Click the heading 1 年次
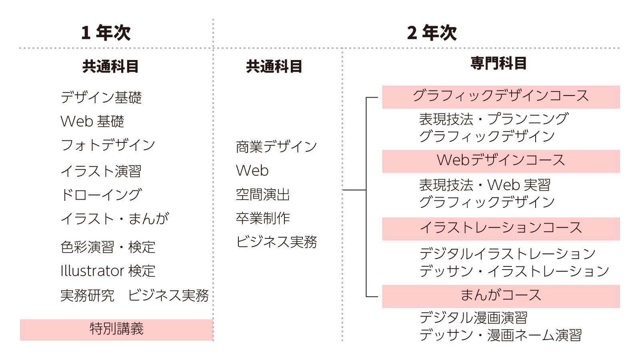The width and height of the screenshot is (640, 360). click(x=106, y=32)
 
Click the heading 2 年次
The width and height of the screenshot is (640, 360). click(x=432, y=32)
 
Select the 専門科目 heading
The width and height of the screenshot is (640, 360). click(x=498, y=63)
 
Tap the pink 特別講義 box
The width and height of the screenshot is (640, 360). click(x=116, y=330)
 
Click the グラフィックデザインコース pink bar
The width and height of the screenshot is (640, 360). click(x=501, y=97)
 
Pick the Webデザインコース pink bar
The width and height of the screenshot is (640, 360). click(x=501, y=161)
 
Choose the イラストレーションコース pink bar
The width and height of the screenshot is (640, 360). click(x=501, y=229)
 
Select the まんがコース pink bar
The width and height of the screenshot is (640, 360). click(x=501, y=296)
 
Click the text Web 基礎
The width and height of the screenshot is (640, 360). click(x=92, y=122)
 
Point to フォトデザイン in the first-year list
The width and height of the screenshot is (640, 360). click(x=108, y=145)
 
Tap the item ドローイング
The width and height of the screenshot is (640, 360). click(x=101, y=195)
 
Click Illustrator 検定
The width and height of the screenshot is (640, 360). click(x=108, y=271)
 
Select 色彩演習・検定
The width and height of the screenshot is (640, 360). click(x=108, y=247)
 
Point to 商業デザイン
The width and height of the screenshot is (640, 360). click(x=276, y=147)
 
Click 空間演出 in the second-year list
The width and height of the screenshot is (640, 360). click(x=263, y=194)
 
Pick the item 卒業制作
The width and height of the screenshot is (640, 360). click(x=263, y=218)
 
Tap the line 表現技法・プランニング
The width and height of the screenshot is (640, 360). click(x=494, y=119)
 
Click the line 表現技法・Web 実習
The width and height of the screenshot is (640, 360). click(x=485, y=185)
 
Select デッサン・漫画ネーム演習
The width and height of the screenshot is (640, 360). click(x=500, y=335)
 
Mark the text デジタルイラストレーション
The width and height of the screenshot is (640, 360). click(x=508, y=254)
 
